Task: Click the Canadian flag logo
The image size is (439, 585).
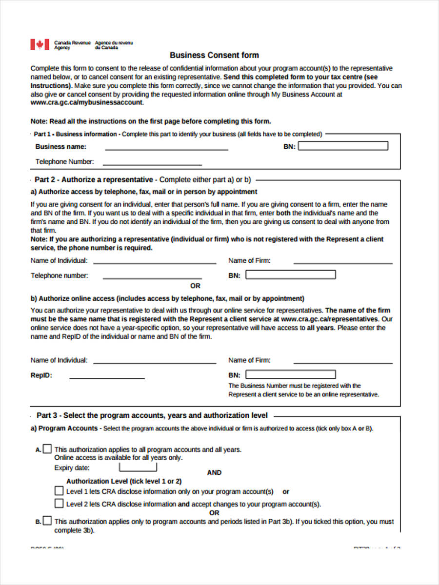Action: (40, 44)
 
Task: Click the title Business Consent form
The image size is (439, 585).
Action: (214, 55)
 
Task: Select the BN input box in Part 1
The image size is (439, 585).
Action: (343, 146)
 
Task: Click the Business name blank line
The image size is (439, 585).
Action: (166, 148)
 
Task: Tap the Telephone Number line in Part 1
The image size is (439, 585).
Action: (152, 163)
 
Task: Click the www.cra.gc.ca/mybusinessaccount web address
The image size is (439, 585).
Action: (87, 103)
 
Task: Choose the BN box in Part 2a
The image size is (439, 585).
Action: (291, 275)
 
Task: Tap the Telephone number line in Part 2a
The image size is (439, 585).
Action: (152, 277)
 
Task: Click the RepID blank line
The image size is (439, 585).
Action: (107, 377)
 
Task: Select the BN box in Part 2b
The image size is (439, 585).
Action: (291, 374)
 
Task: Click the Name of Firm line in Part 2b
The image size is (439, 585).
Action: (343, 362)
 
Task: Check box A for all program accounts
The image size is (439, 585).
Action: (47, 448)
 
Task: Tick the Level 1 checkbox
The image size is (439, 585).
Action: (59, 490)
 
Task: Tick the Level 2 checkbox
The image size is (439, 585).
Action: (59, 503)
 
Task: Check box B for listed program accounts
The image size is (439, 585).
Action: (47, 521)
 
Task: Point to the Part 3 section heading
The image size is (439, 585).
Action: (152, 415)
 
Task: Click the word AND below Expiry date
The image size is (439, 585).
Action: (214, 472)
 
